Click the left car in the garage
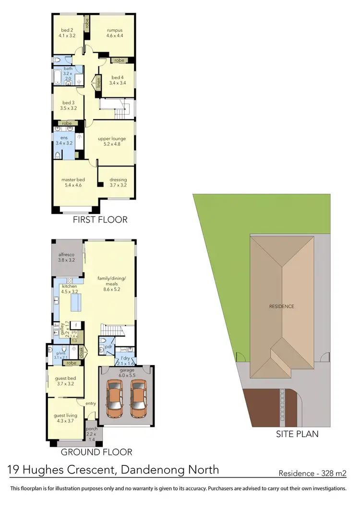[115, 398]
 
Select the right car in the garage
[138, 398]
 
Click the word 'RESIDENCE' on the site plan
[282, 306]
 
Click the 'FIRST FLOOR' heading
[100, 220]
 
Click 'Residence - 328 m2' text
[312, 473]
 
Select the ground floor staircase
[115, 331]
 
